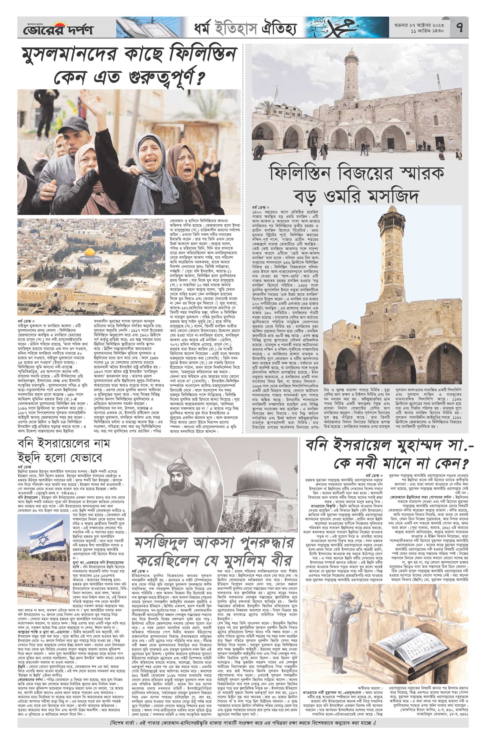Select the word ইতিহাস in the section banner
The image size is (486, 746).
[237, 28]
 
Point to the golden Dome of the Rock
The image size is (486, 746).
[90, 252]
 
